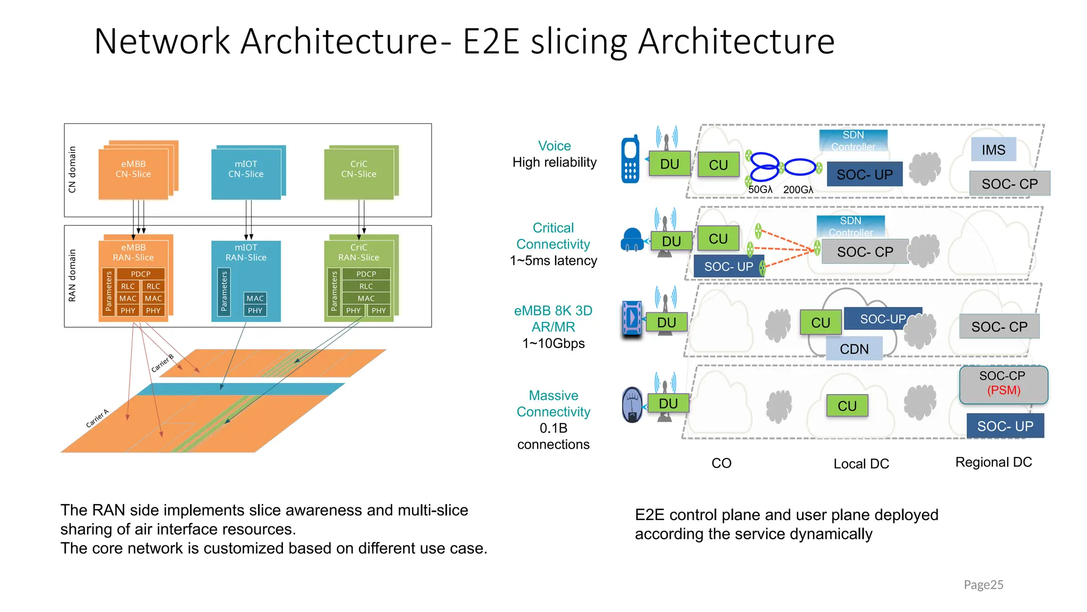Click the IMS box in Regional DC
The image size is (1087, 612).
pyautogui.click(x=993, y=150)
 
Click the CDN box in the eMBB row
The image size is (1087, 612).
pyautogui.click(x=854, y=349)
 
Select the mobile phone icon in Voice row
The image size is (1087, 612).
pyautogui.click(x=630, y=159)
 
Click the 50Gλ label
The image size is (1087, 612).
pyautogui.click(x=760, y=190)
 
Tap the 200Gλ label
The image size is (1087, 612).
pyautogui.click(x=798, y=190)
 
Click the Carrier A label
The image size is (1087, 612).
pyautogui.click(x=97, y=419)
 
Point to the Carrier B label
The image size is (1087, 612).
pyautogui.click(x=162, y=363)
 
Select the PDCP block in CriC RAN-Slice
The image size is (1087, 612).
pyautogui.click(x=366, y=274)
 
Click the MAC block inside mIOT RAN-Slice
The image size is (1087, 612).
pyautogui.click(x=255, y=299)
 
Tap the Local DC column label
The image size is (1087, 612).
pyautogui.click(x=861, y=464)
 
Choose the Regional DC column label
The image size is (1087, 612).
pyautogui.click(x=993, y=462)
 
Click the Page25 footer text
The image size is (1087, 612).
pyautogui.click(x=983, y=585)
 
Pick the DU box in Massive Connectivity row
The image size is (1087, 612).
pyautogui.click(x=668, y=404)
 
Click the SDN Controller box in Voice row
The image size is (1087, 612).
pyautogui.click(x=853, y=141)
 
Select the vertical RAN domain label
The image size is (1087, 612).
pyautogui.click(x=73, y=276)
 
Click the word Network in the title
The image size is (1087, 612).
pyautogui.click(x=162, y=41)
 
